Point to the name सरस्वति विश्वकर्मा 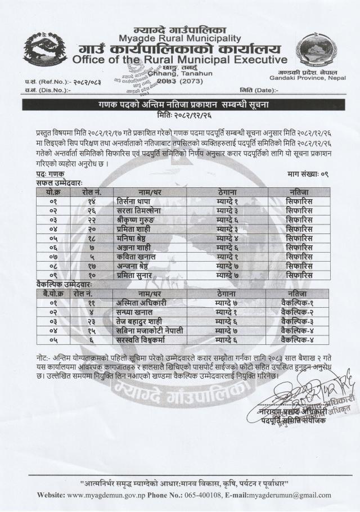[x=143, y=339]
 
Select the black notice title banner [x=180, y=105]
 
